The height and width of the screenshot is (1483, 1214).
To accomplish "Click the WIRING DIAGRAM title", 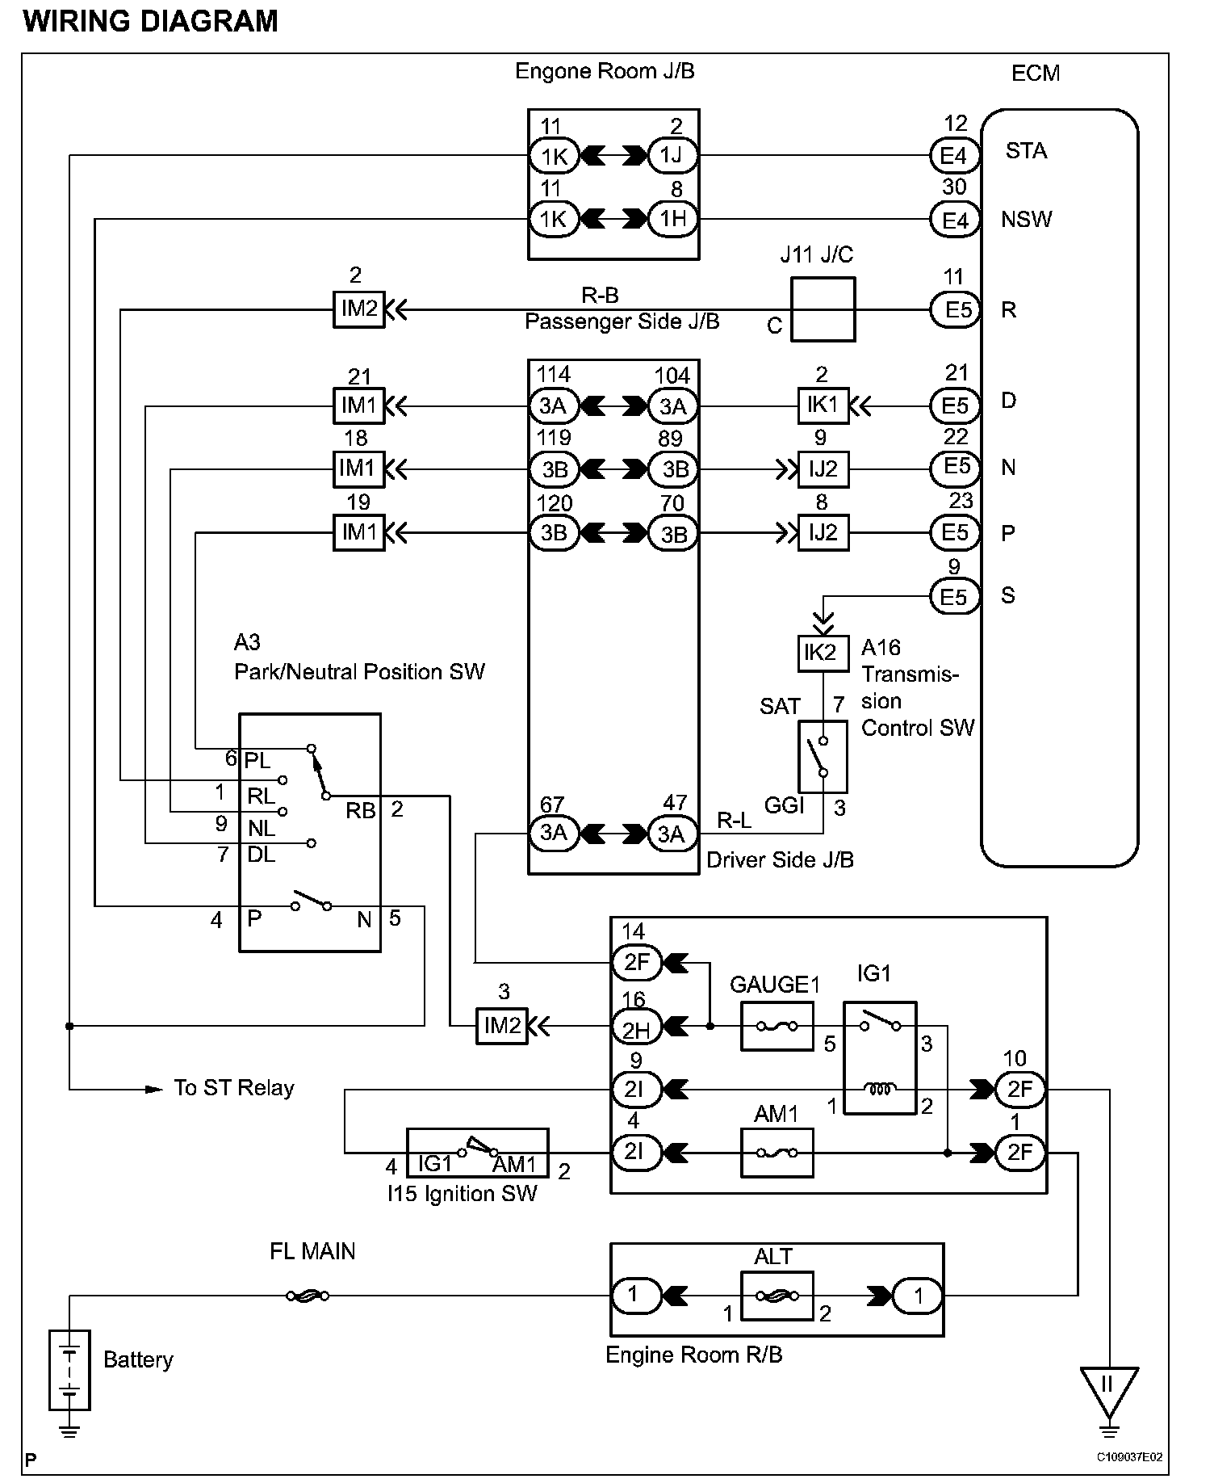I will (x=151, y=21).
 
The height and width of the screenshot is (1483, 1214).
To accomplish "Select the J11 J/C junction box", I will (x=823, y=309).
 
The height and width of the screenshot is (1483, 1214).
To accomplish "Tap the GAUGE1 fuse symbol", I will (x=777, y=1026).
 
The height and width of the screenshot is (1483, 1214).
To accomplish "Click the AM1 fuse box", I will (x=777, y=1153).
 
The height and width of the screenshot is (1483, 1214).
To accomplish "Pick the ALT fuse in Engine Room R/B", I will (x=777, y=1296).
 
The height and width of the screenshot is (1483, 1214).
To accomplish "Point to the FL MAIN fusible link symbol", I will (x=308, y=1296).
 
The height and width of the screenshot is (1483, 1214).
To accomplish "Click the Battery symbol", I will (x=70, y=1370).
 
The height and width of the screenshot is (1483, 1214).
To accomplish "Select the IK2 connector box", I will (x=823, y=653).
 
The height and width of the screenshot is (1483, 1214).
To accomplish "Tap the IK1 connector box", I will (x=823, y=405).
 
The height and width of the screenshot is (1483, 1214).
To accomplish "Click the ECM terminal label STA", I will (x=1026, y=151).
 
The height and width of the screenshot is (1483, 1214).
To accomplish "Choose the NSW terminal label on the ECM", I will (x=1026, y=219).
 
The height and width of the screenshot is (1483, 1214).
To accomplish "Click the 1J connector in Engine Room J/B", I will (x=672, y=155).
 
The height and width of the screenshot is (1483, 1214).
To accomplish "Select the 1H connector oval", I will (x=672, y=219).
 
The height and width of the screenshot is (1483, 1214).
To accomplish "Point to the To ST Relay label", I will (x=233, y=1088).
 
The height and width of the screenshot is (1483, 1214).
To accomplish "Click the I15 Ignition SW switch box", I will (x=477, y=1153).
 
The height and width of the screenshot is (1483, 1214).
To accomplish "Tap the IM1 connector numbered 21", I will (x=359, y=405).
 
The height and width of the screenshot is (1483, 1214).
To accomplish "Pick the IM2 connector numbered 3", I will (x=502, y=1026).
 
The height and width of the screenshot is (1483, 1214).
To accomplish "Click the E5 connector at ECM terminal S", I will (x=954, y=596).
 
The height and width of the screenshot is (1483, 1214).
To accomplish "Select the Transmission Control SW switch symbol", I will (x=823, y=757).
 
